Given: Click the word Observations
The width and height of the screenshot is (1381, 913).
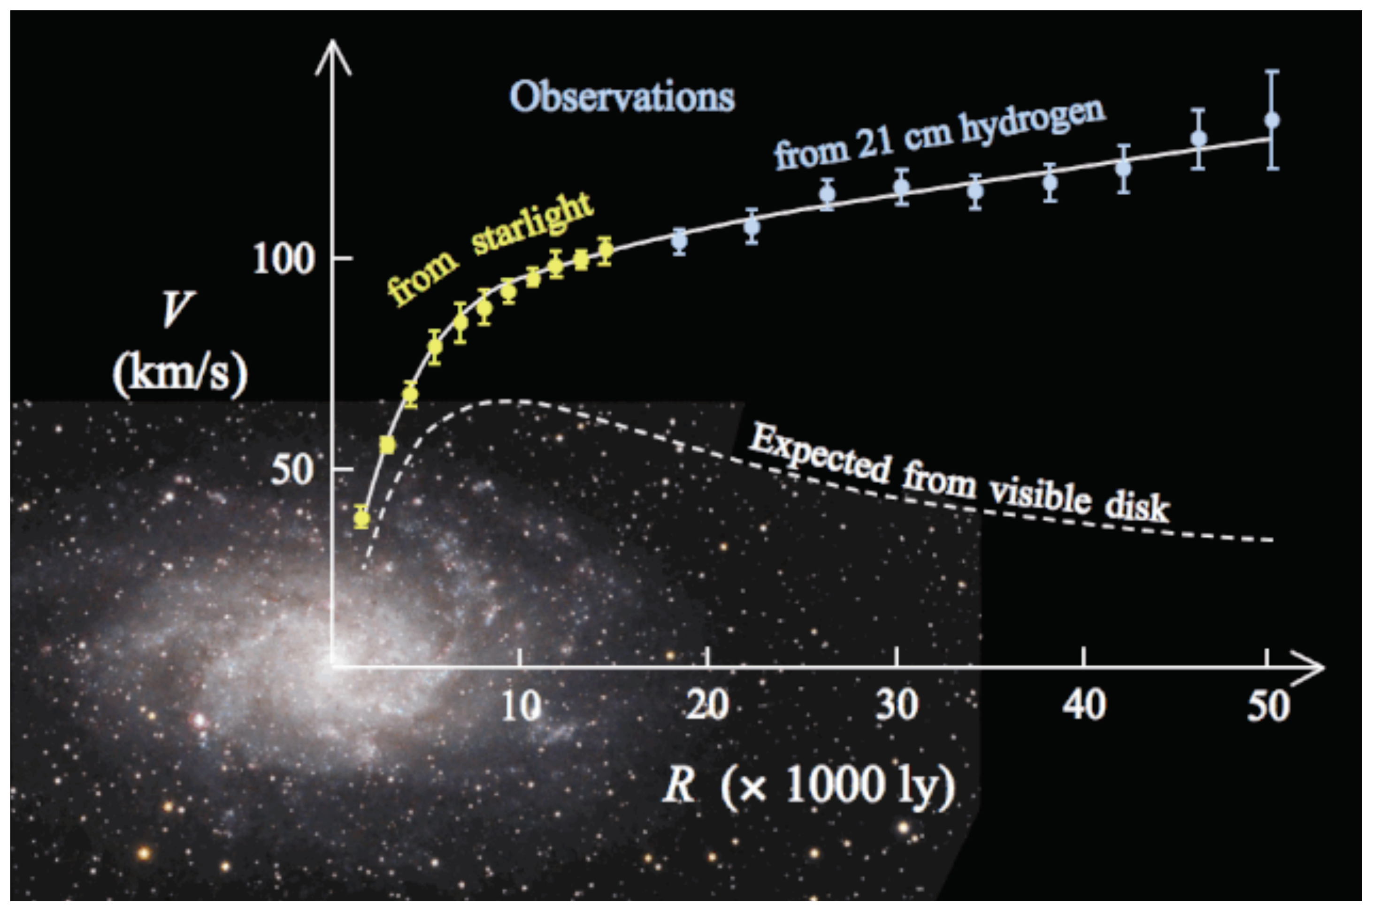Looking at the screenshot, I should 621,97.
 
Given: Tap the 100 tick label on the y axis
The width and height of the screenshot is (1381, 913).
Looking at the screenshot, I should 283,260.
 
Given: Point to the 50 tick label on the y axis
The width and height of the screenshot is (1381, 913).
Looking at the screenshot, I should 291,471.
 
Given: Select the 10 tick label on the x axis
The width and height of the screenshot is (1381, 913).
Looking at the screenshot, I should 520,706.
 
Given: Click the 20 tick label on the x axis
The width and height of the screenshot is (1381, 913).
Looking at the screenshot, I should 707,706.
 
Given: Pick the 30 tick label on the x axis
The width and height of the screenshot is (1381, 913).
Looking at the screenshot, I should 897,706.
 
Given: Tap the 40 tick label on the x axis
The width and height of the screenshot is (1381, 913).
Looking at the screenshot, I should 1083,706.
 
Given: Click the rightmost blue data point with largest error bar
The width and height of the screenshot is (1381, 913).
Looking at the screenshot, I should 1272,121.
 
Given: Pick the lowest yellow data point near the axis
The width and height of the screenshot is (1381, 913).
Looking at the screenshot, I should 362,517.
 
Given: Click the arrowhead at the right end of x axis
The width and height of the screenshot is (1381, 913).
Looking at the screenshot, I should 1311,667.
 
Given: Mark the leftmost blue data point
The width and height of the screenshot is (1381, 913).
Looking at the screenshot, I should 679,239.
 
